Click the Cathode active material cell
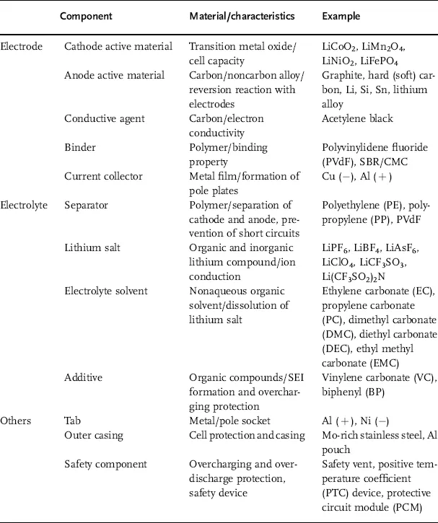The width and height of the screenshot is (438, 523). pos(118,46)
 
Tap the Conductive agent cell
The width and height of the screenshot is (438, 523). pos(99,118)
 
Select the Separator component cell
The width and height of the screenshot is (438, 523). pos(85,205)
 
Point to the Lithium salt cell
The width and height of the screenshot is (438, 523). pos(89,247)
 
